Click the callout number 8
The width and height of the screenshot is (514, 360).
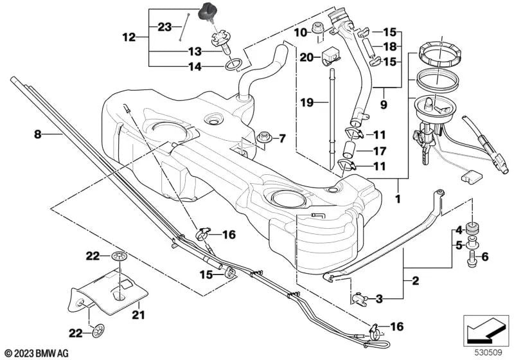pos(37,134)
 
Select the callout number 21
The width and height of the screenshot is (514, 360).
pos(139,315)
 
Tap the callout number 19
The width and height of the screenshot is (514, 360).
pos(306,102)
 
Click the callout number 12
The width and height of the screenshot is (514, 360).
pos(129,38)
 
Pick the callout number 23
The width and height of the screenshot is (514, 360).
pos(165,27)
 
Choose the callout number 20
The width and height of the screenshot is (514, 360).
pos(306,57)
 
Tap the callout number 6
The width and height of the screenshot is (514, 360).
pos(484,258)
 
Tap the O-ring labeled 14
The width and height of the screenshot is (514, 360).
pos(235,64)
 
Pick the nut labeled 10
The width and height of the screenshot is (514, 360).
pos(317,28)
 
